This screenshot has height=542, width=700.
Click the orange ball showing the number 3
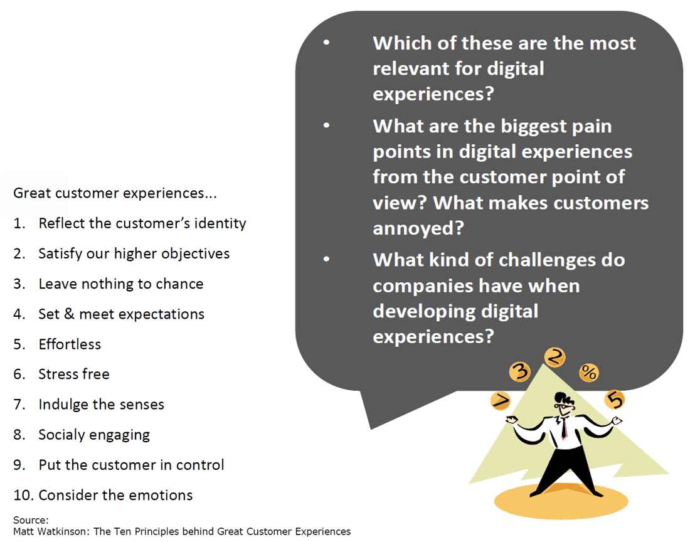(519, 371)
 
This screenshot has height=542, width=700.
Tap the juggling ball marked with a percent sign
(589, 373)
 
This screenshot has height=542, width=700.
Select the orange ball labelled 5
(615, 399)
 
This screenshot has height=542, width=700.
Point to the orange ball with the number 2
(555, 357)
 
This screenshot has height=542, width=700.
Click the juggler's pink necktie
(565, 428)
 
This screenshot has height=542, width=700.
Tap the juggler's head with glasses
(563, 403)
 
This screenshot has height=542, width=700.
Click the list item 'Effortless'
(70, 344)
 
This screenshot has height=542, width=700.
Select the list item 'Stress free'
(73, 374)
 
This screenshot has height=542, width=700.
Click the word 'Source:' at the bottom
(31, 520)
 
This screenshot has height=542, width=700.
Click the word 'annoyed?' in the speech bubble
(418, 228)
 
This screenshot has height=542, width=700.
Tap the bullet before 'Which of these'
(327, 43)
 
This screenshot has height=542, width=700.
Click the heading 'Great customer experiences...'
(115, 193)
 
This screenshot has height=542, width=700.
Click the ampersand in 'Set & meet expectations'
(69, 314)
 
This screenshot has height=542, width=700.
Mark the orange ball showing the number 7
(501, 401)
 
